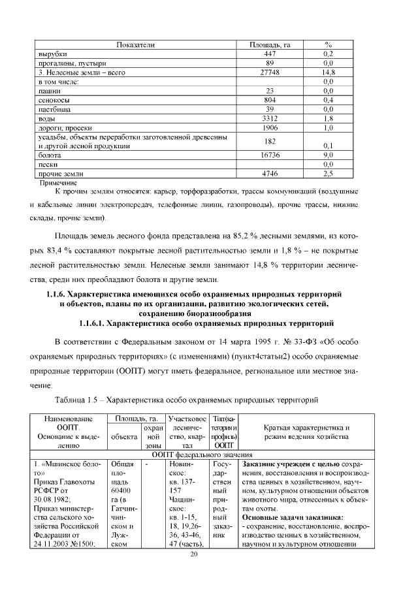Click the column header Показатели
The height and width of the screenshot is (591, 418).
point(135,44)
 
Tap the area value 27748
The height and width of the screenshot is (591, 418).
point(270,72)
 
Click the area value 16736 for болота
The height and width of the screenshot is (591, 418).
point(270,156)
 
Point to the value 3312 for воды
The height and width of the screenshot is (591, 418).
point(270,120)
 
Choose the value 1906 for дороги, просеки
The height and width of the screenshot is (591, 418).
point(270,129)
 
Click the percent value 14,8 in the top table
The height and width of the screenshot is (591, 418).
point(329,72)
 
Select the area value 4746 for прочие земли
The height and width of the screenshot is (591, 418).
point(270,174)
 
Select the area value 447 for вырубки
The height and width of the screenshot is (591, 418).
point(270,54)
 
